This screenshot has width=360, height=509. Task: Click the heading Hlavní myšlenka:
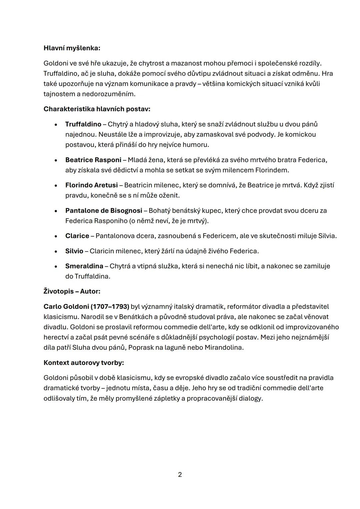point(72,48)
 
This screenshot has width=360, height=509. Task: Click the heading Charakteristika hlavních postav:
point(97,109)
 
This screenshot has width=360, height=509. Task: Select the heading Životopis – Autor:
point(72,291)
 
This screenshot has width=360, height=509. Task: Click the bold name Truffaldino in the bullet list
point(83,124)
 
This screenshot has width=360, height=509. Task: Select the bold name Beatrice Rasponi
point(93,160)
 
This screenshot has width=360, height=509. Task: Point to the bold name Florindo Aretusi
point(91,185)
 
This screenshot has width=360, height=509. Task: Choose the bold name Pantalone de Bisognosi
point(104,211)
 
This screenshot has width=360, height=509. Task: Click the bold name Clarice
point(77,236)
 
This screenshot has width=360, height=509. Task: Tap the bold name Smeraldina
point(84,266)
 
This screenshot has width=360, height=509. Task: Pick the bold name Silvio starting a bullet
point(74,251)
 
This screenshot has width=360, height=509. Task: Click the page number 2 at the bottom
point(180,475)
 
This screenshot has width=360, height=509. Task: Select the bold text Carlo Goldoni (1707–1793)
point(86,307)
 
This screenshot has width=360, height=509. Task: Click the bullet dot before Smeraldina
point(56,267)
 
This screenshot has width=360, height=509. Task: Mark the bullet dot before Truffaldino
point(56,125)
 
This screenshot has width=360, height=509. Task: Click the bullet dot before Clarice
point(56,236)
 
